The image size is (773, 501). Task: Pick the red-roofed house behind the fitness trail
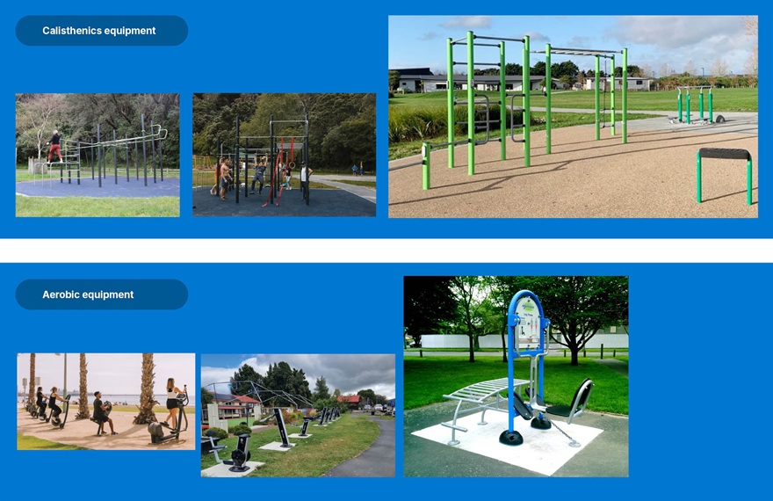pyautogui.click(x=242, y=403)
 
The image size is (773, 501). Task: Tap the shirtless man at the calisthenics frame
pyautogui.click(x=225, y=177)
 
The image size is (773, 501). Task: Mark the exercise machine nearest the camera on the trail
pyautogui.click(x=235, y=453)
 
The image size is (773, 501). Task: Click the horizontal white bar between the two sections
pyautogui.click(x=386, y=250)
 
